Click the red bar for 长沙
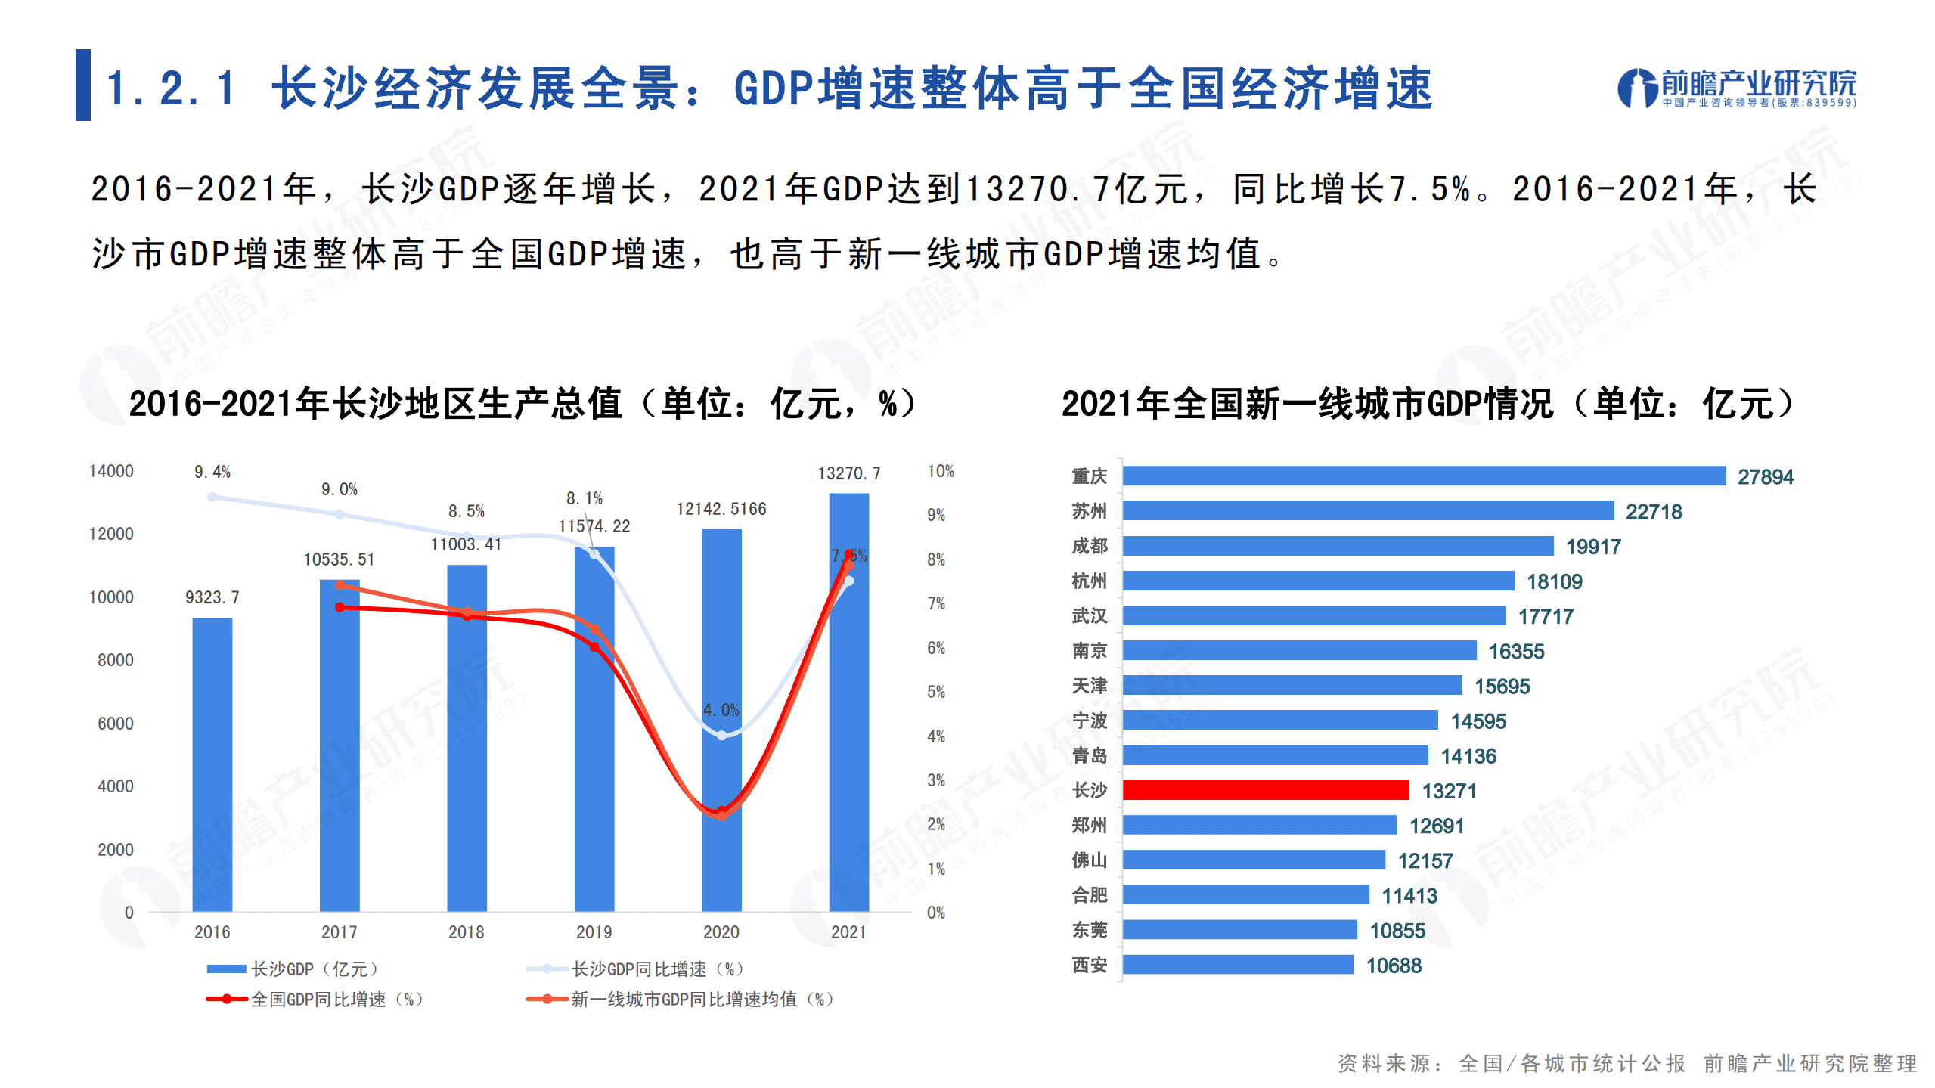(x=1265, y=790)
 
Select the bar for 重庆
(x=1423, y=476)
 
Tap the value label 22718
(x=1653, y=512)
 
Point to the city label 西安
(x=1089, y=965)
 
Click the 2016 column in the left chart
(x=212, y=764)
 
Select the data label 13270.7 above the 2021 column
(x=848, y=473)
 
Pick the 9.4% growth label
(x=212, y=472)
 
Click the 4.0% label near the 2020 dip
(x=721, y=710)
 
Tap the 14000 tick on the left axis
(x=111, y=471)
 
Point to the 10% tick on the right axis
(x=940, y=471)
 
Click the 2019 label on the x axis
(x=594, y=931)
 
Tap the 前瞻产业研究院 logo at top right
(x=1736, y=88)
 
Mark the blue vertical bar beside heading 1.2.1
(x=82, y=85)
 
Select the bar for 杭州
(x=1318, y=581)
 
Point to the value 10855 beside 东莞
(x=1397, y=931)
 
